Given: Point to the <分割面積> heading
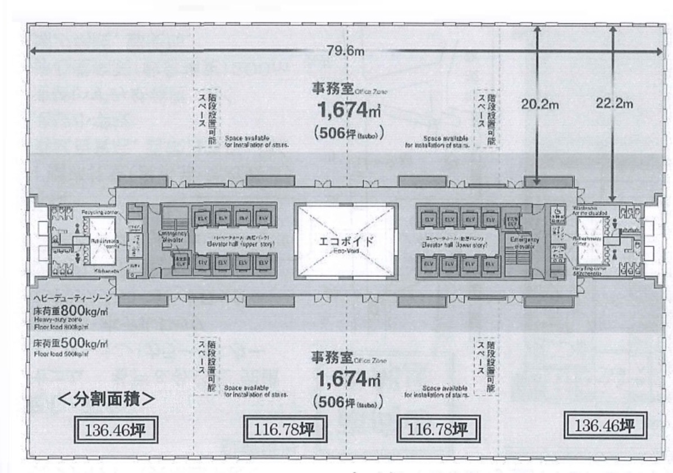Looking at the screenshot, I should (x=107, y=399).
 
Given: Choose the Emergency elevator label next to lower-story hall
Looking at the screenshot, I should (x=523, y=241).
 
